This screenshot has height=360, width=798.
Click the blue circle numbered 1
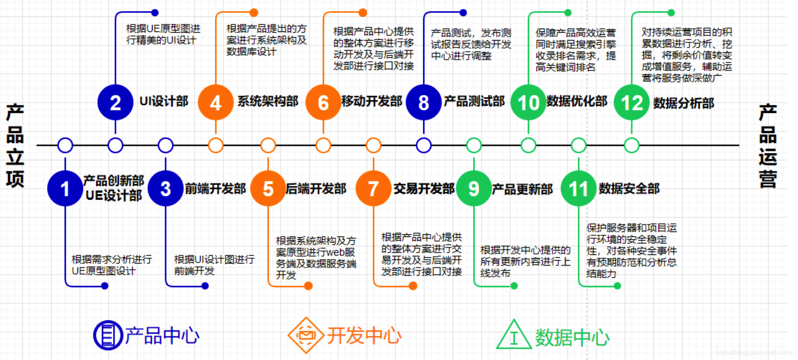coord(65,189)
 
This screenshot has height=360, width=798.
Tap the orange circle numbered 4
coord(216,102)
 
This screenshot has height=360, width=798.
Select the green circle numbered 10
coord(528,102)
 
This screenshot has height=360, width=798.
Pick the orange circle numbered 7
coord(373,189)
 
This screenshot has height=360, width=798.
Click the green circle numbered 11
coord(578,189)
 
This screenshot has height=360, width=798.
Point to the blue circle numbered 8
coord(424,102)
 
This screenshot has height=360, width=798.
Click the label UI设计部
coord(164,101)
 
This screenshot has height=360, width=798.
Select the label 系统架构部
coord(268,101)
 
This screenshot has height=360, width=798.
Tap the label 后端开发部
coord(316,189)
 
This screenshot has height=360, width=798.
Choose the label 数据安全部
coord(629,189)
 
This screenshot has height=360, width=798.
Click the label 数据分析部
coord(683,103)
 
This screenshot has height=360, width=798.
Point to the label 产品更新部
coord(522,189)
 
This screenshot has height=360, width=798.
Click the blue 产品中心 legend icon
coord(108,335)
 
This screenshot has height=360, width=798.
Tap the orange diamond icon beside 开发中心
coord(306,335)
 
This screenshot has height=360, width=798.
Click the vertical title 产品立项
coord(15,145)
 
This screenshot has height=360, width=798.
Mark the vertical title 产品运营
coord(768,145)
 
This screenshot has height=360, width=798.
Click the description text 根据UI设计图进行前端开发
coord(214,265)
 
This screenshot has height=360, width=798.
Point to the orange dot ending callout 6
coord(363,13)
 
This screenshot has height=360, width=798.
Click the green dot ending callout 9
coord(514,286)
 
